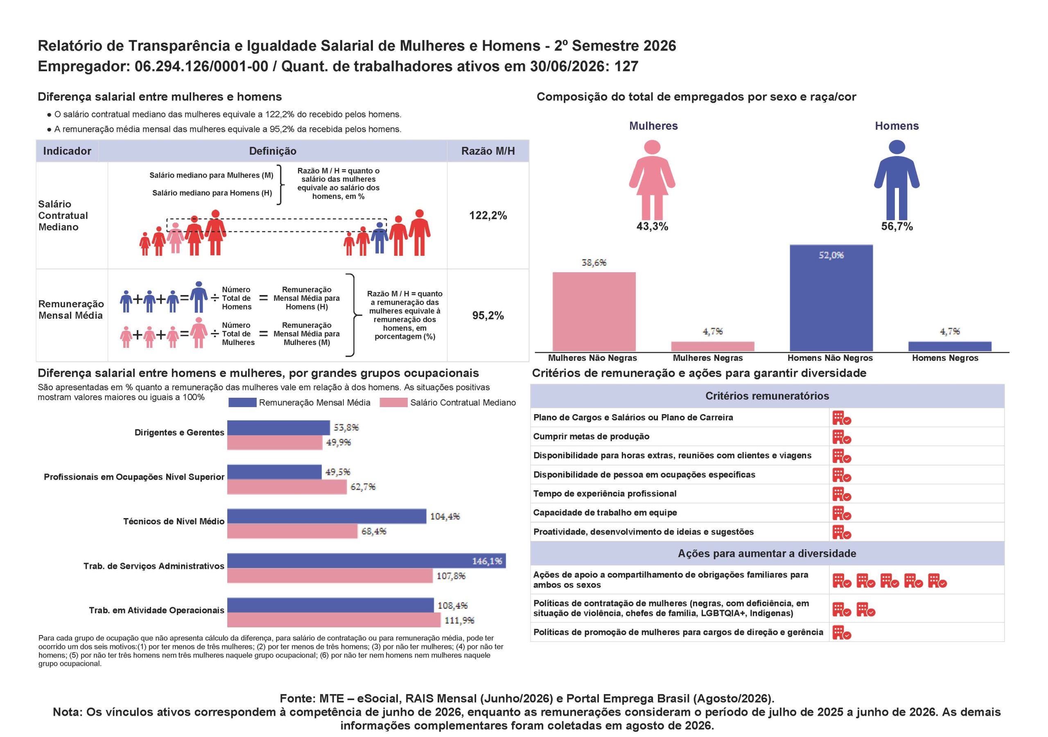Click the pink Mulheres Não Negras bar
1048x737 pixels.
coord(594,312)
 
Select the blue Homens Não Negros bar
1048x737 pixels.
coord(831,298)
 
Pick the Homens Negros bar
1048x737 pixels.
coord(949,346)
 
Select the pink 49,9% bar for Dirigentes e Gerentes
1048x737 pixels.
coord(275,443)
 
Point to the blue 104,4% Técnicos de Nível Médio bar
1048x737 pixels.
coord(327,516)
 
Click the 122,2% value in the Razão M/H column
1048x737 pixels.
coord(488,215)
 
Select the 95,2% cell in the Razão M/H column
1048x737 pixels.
coord(488,316)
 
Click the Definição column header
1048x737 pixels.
coord(273,151)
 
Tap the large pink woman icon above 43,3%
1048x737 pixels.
coord(652,180)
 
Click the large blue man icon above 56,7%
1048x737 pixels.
coord(897,180)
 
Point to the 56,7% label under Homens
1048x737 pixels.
coord(897,226)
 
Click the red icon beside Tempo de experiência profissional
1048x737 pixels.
coord(842,494)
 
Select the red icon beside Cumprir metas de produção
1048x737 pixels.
coord(842,437)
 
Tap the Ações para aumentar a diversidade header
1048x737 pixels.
coord(767,554)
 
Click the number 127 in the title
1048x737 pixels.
coord(626,67)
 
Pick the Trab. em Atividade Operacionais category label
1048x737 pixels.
coord(156,610)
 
